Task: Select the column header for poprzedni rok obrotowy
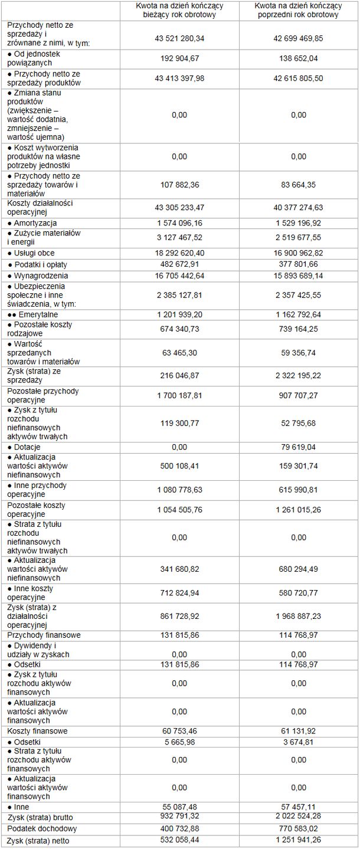(x=299, y=11)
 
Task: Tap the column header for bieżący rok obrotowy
(x=180, y=11)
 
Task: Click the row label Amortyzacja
(x=35, y=224)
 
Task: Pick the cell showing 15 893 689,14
(x=299, y=276)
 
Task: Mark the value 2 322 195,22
(x=299, y=375)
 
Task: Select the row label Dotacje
(x=31, y=447)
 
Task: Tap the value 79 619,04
(x=299, y=447)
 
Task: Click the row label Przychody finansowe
(x=44, y=635)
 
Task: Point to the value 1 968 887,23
(x=299, y=615)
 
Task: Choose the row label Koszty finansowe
(x=38, y=731)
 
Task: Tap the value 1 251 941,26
(x=299, y=840)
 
